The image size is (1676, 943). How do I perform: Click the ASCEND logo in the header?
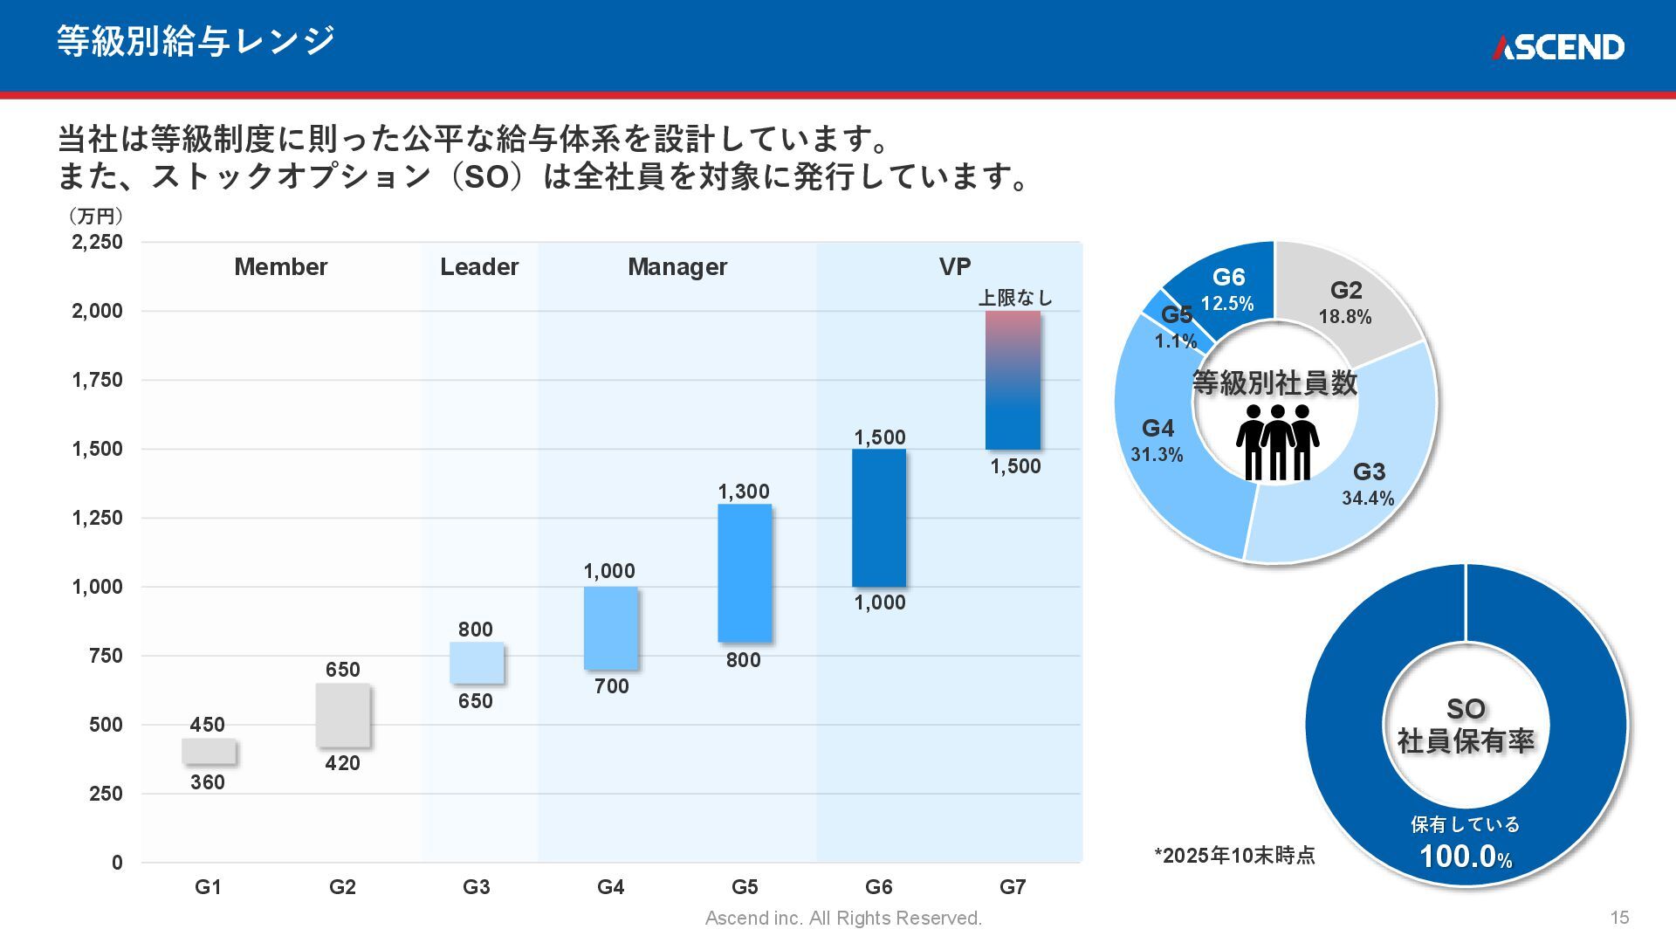click(x=1557, y=47)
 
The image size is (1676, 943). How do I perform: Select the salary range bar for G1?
click(x=209, y=752)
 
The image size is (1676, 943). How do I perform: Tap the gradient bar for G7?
click(x=1013, y=380)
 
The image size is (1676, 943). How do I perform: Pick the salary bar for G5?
click(x=745, y=573)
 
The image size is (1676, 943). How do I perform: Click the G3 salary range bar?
click(x=477, y=663)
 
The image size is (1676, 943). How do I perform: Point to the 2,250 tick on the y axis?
click(x=97, y=242)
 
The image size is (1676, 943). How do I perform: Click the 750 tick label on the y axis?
click(x=106, y=656)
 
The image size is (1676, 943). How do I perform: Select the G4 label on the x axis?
click(x=610, y=887)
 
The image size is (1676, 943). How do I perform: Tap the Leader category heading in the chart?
click(x=479, y=267)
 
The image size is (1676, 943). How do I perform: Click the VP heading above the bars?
click(x=955, y=267)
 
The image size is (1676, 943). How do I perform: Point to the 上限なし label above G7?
click(x=1015, y=298)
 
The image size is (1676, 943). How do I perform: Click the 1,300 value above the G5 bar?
click(x=744, y=492)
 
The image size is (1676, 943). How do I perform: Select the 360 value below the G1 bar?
click(x=208, y=782)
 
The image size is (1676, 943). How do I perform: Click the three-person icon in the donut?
click(x=1277, y=442)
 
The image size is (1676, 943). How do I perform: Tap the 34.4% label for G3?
click(x=1368, y=499)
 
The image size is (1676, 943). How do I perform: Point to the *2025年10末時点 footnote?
click(x=1234, y=856)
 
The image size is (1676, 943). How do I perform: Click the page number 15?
click(x=1619, y=918)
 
